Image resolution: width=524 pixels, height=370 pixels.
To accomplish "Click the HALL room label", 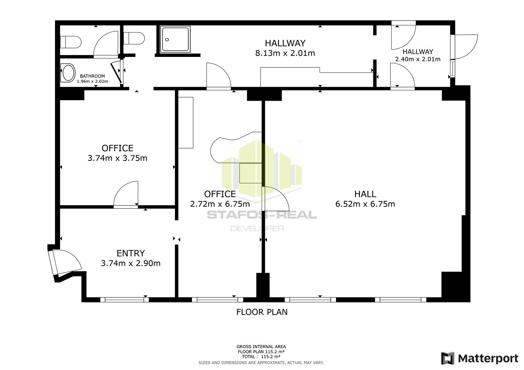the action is pos(365,194).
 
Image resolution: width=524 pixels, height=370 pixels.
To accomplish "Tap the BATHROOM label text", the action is pos(92,76).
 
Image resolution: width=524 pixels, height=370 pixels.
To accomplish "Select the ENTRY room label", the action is pos(131,253).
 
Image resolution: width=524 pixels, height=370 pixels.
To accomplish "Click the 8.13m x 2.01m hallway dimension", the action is pos(285,53).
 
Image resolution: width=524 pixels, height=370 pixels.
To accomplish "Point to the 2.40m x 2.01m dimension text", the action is pos(418,59).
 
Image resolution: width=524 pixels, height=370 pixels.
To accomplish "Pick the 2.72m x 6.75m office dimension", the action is pos(220,204).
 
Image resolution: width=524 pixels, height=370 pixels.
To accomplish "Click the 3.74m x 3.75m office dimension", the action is pos(118,158).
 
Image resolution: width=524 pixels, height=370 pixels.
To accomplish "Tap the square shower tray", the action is pos(175,39).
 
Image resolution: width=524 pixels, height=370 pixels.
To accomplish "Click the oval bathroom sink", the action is pos(68,73).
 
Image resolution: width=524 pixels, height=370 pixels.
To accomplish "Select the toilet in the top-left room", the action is pos(71,42).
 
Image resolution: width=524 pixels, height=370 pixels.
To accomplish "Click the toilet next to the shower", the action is pos(134,38).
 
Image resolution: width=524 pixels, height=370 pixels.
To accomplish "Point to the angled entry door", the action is pos(64,262).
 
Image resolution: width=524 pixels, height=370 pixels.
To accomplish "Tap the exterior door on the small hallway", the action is pos(465,47).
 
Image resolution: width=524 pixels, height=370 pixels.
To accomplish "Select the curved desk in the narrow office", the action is pos(236,147).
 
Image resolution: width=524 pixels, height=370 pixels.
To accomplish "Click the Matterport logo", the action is pos(480,358).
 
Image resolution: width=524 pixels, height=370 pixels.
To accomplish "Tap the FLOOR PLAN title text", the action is pos(262,312).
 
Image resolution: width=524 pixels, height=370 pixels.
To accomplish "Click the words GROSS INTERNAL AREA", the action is pos(261,347).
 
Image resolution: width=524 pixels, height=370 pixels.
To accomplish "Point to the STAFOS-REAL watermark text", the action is pos(262,215).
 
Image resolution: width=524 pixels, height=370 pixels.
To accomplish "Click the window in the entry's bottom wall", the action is pos(124,300).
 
